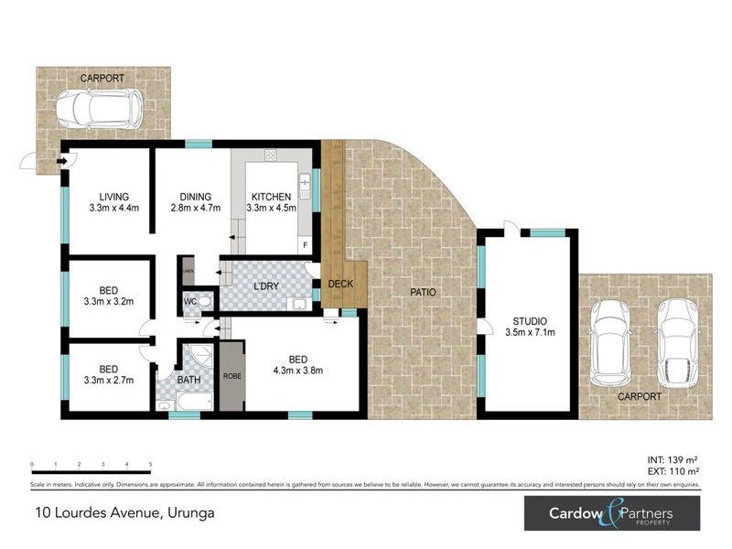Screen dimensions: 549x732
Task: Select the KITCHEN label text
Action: coord(271,197)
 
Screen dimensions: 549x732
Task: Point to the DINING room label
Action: coord(196,197)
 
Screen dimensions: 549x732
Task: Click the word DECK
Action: coord(340,284)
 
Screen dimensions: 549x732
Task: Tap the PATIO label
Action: coord(423,293)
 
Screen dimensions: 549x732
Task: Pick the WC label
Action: coord(191,301)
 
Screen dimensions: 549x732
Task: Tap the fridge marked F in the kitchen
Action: coord(305,245)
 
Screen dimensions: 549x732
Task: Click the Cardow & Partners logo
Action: coord(611,513)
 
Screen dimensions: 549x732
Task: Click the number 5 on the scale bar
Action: coord(150,466)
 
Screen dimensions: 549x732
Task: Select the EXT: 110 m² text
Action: coord(673,470)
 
